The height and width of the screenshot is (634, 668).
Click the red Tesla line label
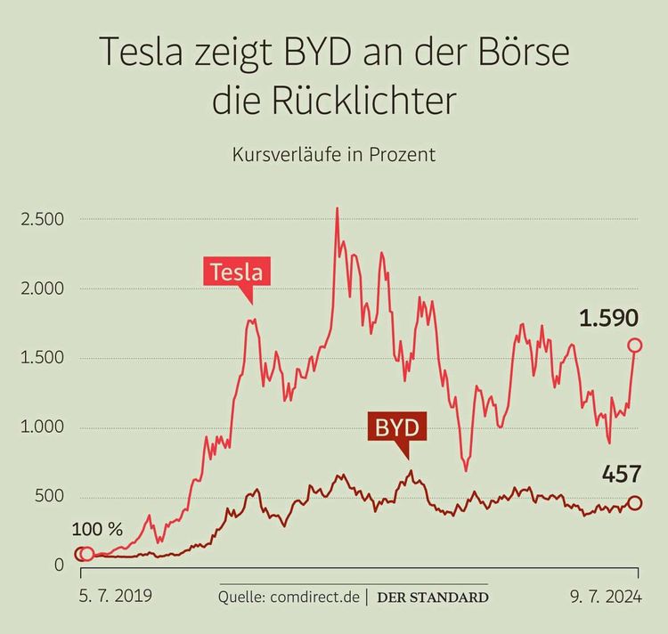(238, 271)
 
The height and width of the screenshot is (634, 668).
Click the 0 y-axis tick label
(60, 565)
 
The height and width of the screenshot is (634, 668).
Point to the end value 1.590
(608, 317)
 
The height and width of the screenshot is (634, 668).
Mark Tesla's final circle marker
(635, 345)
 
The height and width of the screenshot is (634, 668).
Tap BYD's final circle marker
(635, 503)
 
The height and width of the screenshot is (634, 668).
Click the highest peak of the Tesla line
(337, 209)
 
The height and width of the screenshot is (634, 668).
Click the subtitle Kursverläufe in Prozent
(334, 154)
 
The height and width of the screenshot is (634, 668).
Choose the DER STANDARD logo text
(432, 597)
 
